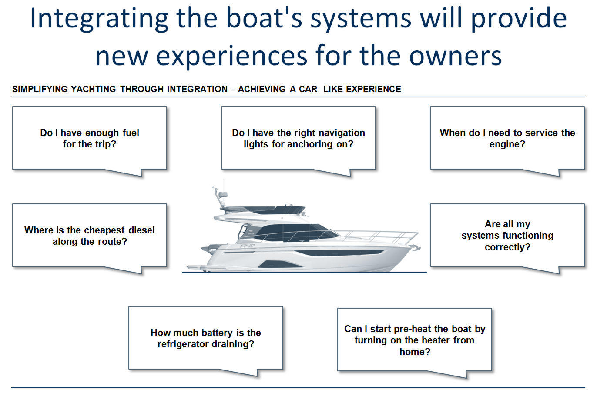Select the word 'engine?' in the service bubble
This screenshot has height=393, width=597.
pos(507,144)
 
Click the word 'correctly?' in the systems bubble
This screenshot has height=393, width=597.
pos(507,247)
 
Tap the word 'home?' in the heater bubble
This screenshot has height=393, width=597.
pos(415,352)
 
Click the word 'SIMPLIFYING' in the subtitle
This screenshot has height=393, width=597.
pos(40,89)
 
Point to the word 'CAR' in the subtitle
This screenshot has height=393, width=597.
pos(308,89)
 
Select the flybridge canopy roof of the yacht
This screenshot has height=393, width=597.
pos(261,209)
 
